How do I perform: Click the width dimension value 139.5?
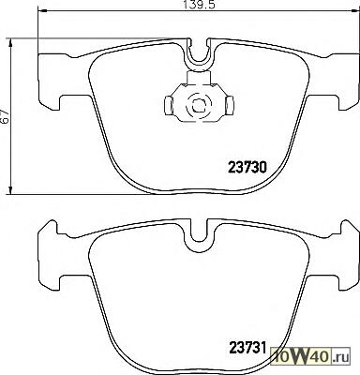199,5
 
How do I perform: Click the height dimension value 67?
6,117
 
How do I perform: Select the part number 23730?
247,169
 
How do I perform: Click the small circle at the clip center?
197,105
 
